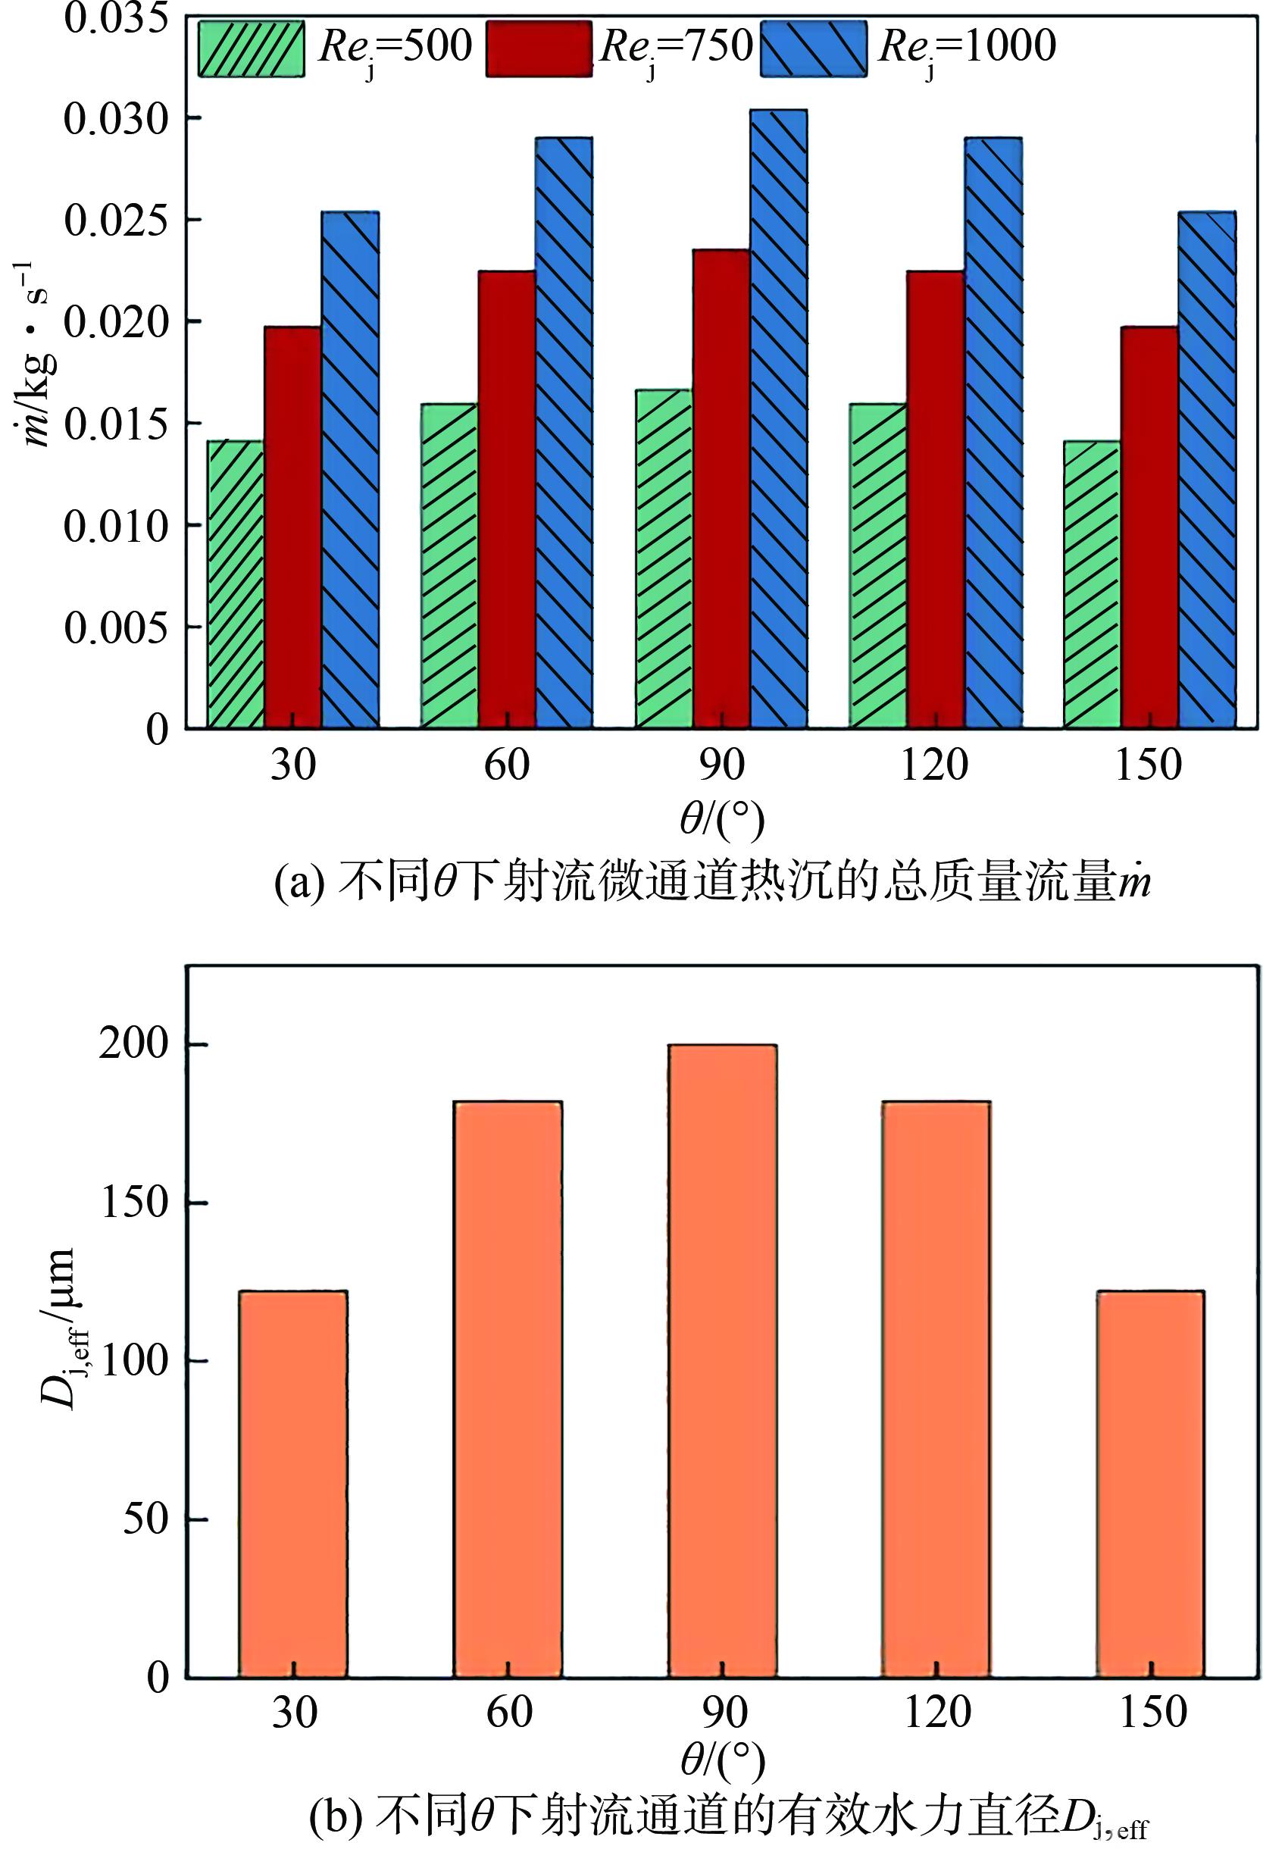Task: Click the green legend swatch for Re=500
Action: click(251, 48)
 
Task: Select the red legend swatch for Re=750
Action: click(539, 48)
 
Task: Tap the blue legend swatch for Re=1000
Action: click(813, 48)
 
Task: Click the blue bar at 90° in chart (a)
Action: click(779, 418)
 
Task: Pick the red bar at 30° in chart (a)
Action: click(292, 527)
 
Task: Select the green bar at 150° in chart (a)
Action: click(1091, 584)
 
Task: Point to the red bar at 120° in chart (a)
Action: click(936, 499)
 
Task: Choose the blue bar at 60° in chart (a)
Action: click(563, 432)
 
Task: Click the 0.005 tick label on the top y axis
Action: click(116, 627)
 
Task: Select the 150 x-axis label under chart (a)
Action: click(1149, 765)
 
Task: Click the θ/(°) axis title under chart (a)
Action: click(722, 818)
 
